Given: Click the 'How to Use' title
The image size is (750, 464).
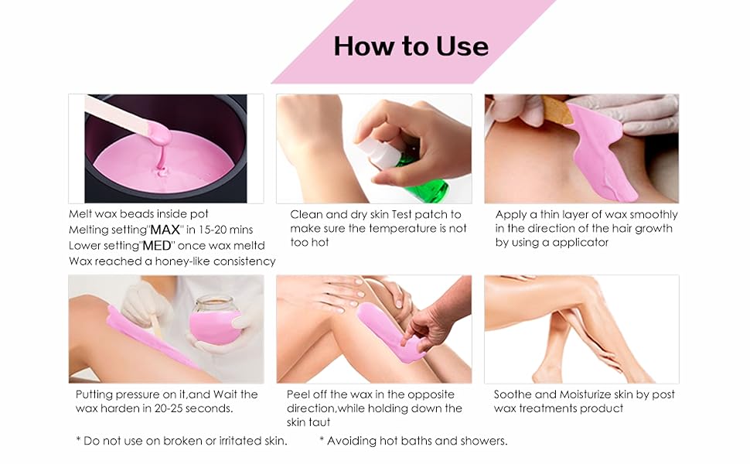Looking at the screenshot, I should point(411,46).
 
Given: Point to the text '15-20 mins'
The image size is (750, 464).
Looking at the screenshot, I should point(233,230).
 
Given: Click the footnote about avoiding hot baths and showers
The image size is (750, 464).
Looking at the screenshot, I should point(413,441).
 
